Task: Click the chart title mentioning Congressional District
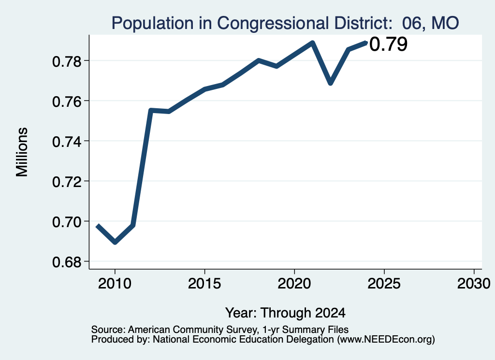click(285, 23)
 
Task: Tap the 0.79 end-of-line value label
click(388, 44)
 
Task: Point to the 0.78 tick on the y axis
click(67, 61)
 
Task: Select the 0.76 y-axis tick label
click(67, 101)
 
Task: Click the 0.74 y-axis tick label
click(67, 142)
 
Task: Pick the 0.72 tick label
click(67, 181)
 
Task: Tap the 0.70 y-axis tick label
click(67, 222)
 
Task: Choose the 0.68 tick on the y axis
click(67, 262)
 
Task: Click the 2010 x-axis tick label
click(115, 283)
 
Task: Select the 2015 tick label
click(204, 283)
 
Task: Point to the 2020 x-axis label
click(294, 283)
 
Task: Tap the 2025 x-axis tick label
click(384, 283)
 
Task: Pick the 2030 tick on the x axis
click(474, 283)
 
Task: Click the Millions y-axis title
click(22, 152)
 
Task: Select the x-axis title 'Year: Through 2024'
click(285, 313)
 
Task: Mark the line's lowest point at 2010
click(115, 242)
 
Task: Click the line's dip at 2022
click(331, 83)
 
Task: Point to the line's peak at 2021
click(312, 43)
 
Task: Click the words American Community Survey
click(192, 330)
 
